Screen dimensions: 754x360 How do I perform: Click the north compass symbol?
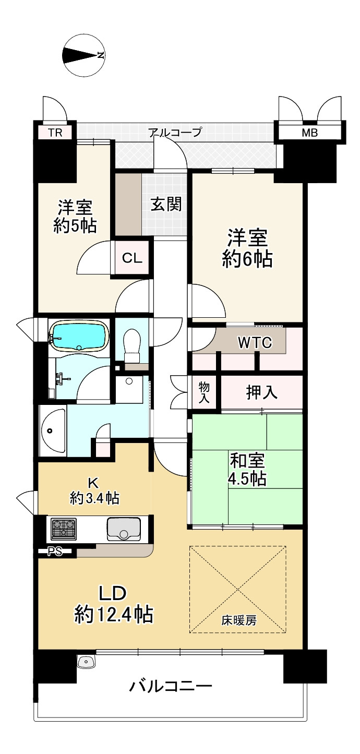click(x=83, y=55)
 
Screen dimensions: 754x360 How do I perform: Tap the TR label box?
click(x=55, y=133)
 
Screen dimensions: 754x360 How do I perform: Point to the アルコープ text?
click(x=175, y=132)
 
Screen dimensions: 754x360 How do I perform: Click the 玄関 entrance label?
click(x=166, y=205)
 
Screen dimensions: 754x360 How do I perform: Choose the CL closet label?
click(x=133, y=258)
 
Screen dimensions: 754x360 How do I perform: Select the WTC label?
click(x=255, y=343)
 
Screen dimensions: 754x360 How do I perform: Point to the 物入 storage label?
click(x=204, y=392)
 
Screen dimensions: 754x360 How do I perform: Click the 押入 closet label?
click(x=262, y=393)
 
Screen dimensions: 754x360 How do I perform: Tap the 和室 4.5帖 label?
click(x=247, y=469)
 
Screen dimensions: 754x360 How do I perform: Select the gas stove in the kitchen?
click(x=63, y=528)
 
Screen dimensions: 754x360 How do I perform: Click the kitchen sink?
click(x=123, y=529)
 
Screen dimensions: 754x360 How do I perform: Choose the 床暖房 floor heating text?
click(x=238, y=620)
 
